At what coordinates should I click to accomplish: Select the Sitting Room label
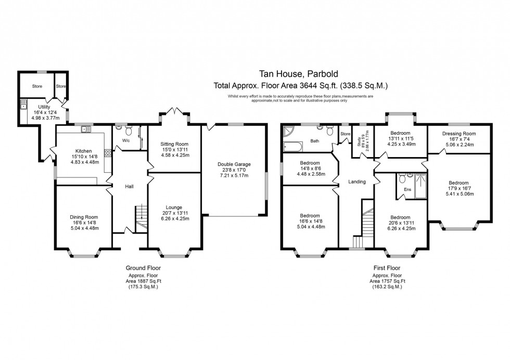pyautogui.click(x=174, y=144)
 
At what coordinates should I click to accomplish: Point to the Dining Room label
pyautogui.click(x=84, y=217)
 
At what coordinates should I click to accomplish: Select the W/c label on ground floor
pyautogui.click(x=126, y=140)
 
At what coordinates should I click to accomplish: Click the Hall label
pyautogui.click(x=130, y=185)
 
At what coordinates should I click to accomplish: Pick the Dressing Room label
pyautogui.click(x=459, y=134)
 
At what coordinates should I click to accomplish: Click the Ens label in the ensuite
pyautogui.click(x=407, y=189)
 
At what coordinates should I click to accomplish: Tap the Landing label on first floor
pyautogui.click(x=357, y=182)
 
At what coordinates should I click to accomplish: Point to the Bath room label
pyautogui.click(x=314, y=140)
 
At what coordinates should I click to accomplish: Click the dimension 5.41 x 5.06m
pyautogui.click(x=459, y=194)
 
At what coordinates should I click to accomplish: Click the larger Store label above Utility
pyautogui.click(x=36, y=86)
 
